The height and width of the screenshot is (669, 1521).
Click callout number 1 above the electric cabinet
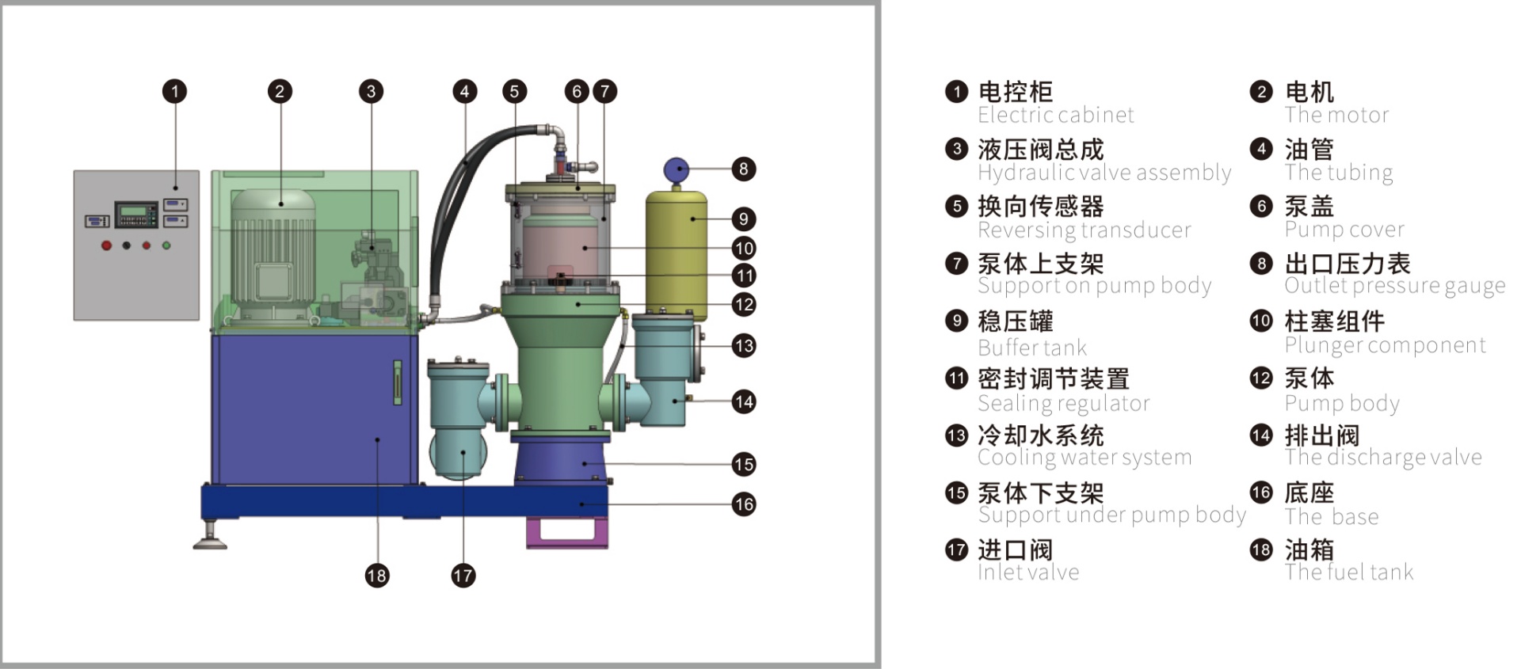(x=175, y=91)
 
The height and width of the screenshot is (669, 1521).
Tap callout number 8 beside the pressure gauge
(x=743, y=169)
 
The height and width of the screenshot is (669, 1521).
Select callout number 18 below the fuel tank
(x=376, y=576)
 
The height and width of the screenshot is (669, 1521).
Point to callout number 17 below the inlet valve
(x=463, y=576)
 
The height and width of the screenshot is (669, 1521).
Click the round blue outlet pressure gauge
(x=676, y=169)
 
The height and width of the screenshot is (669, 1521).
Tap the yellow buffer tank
(x=676, y=253)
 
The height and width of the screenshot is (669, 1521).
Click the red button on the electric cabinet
(x=106, y=245)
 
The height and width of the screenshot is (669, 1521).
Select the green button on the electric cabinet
(x=166, y=245)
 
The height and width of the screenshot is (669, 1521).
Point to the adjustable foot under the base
(x=211, y=538)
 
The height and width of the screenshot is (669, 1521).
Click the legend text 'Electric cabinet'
(x=1055, y=116)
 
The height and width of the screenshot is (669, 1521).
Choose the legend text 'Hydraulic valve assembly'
(x=1104, y=173)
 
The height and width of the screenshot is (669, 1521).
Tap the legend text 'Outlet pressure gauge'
(x=1394, y=286)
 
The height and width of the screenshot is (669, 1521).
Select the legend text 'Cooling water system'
(x=1084, y=458)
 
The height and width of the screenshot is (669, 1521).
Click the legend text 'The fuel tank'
(x=1348, y=572)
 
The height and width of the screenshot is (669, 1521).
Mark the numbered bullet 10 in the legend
(x=1260, y=321)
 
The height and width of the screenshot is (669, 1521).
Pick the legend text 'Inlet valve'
(x=1028, y=572)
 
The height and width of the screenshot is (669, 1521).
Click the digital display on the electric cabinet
(x=136, y=214)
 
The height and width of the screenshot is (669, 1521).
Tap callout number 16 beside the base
(x=743, y=504)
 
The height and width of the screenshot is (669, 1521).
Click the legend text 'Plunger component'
(x=1385, y=345)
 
